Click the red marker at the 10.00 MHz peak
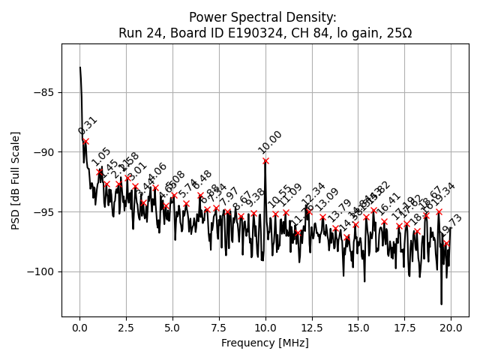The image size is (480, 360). [265, 160]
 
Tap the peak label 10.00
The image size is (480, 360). [270, 142]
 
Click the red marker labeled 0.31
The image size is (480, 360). [85, 141]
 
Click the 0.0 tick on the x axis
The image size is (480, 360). [79, 328]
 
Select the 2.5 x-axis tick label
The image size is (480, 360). [126, 328]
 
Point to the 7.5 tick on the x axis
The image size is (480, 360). [219, 328]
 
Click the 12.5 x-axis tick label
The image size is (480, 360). [312, 328]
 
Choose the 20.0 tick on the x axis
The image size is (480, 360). [451, 328]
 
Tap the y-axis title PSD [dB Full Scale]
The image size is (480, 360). [16, 180]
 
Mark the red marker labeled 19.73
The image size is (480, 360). [446, 243]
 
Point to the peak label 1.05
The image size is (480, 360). [101, 157]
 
